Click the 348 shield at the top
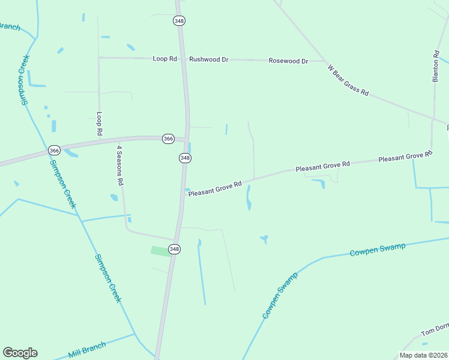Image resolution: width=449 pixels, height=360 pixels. (x=179, y=20)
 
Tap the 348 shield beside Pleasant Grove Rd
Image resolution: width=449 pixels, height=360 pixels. (x=185, y=158)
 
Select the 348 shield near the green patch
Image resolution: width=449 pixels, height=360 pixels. (x=174, y=249)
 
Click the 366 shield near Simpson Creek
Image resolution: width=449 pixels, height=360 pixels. (x=54, y=150)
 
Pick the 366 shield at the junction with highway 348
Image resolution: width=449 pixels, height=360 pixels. (x=168, y=139)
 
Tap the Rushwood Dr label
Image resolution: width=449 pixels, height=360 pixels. (x=209, y=59)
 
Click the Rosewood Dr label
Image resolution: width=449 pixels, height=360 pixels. (x=288, y=61)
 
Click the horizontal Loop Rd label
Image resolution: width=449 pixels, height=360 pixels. (x=165, y=59)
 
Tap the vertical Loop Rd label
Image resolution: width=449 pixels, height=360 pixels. (x=100, y=123)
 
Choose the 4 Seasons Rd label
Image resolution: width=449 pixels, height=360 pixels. (x=120, y=165)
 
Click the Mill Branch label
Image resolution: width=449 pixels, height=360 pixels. (x=87, y=350)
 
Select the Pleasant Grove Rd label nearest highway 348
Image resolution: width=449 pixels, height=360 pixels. (x=214, y=189)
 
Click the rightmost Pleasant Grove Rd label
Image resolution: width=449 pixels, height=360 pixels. (x=405, y=156)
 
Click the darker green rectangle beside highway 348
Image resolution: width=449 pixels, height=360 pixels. (x=160, y=251)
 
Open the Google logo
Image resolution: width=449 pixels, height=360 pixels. (x=20, y=353)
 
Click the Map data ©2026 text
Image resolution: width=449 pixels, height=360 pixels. (x=423, y=355)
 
